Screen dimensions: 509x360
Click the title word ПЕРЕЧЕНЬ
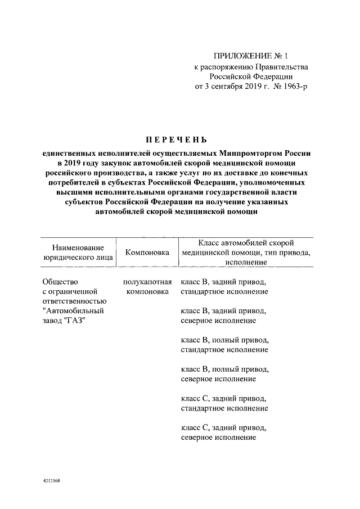[x=179, y=139]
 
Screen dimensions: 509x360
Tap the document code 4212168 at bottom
[x=51, y=482]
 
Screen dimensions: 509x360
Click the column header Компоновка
[x=147, y=253]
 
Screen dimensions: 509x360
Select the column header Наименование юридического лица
[x=78, y=253]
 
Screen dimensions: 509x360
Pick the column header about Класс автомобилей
[x=246, y=253]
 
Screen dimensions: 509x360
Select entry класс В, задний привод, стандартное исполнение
[x=224, y=287]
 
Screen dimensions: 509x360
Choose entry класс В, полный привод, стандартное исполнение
[x=224, y=345]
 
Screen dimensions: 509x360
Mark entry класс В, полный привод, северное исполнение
[x=224, y=374]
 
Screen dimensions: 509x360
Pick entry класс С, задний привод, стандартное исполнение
[x=224, y=403]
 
